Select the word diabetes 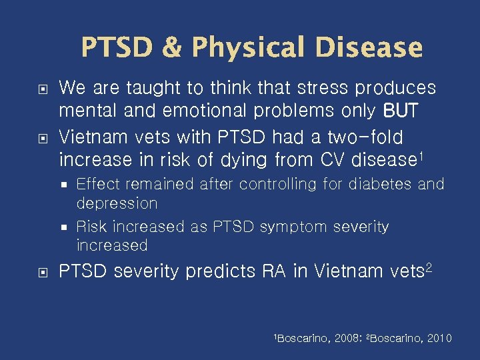(375, 183)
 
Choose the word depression (117, 203)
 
